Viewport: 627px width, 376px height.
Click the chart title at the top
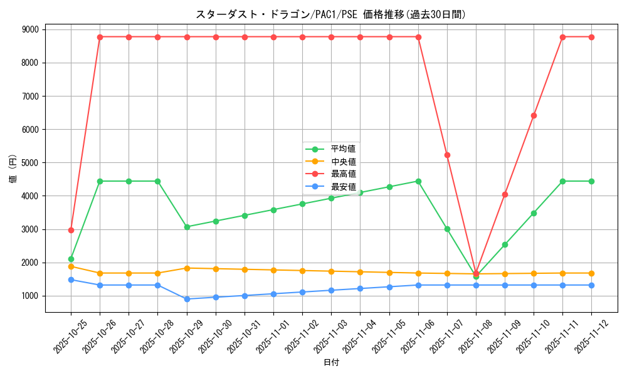click(x=330, y=14)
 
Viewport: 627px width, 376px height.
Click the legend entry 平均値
click(x=343, y=149)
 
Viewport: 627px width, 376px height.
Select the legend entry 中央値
click(x=343, y=162)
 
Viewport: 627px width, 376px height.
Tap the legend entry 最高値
click(x=343, y=174)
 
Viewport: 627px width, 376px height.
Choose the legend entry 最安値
click(x=343, y=187)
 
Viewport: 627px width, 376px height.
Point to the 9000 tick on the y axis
click(x=29, y=29)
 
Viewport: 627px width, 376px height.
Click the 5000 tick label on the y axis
click(x=29, y=163)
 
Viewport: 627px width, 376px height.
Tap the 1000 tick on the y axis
click(x=29, y=296)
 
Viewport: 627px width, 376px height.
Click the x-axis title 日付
click(x=330, y=363)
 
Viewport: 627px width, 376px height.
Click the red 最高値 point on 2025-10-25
click(x=71, y=230)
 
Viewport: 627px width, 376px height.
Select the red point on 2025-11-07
click(x=447, y=155)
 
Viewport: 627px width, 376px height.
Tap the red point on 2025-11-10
click(x=534, y=115)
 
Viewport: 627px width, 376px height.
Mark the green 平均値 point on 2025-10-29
click(x=187, y=227)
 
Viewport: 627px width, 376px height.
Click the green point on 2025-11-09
click(x=505, y=244)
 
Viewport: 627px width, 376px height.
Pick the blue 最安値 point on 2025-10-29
click(x=187, y=299)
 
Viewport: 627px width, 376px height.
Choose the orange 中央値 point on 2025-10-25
click(x=71, y=266)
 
